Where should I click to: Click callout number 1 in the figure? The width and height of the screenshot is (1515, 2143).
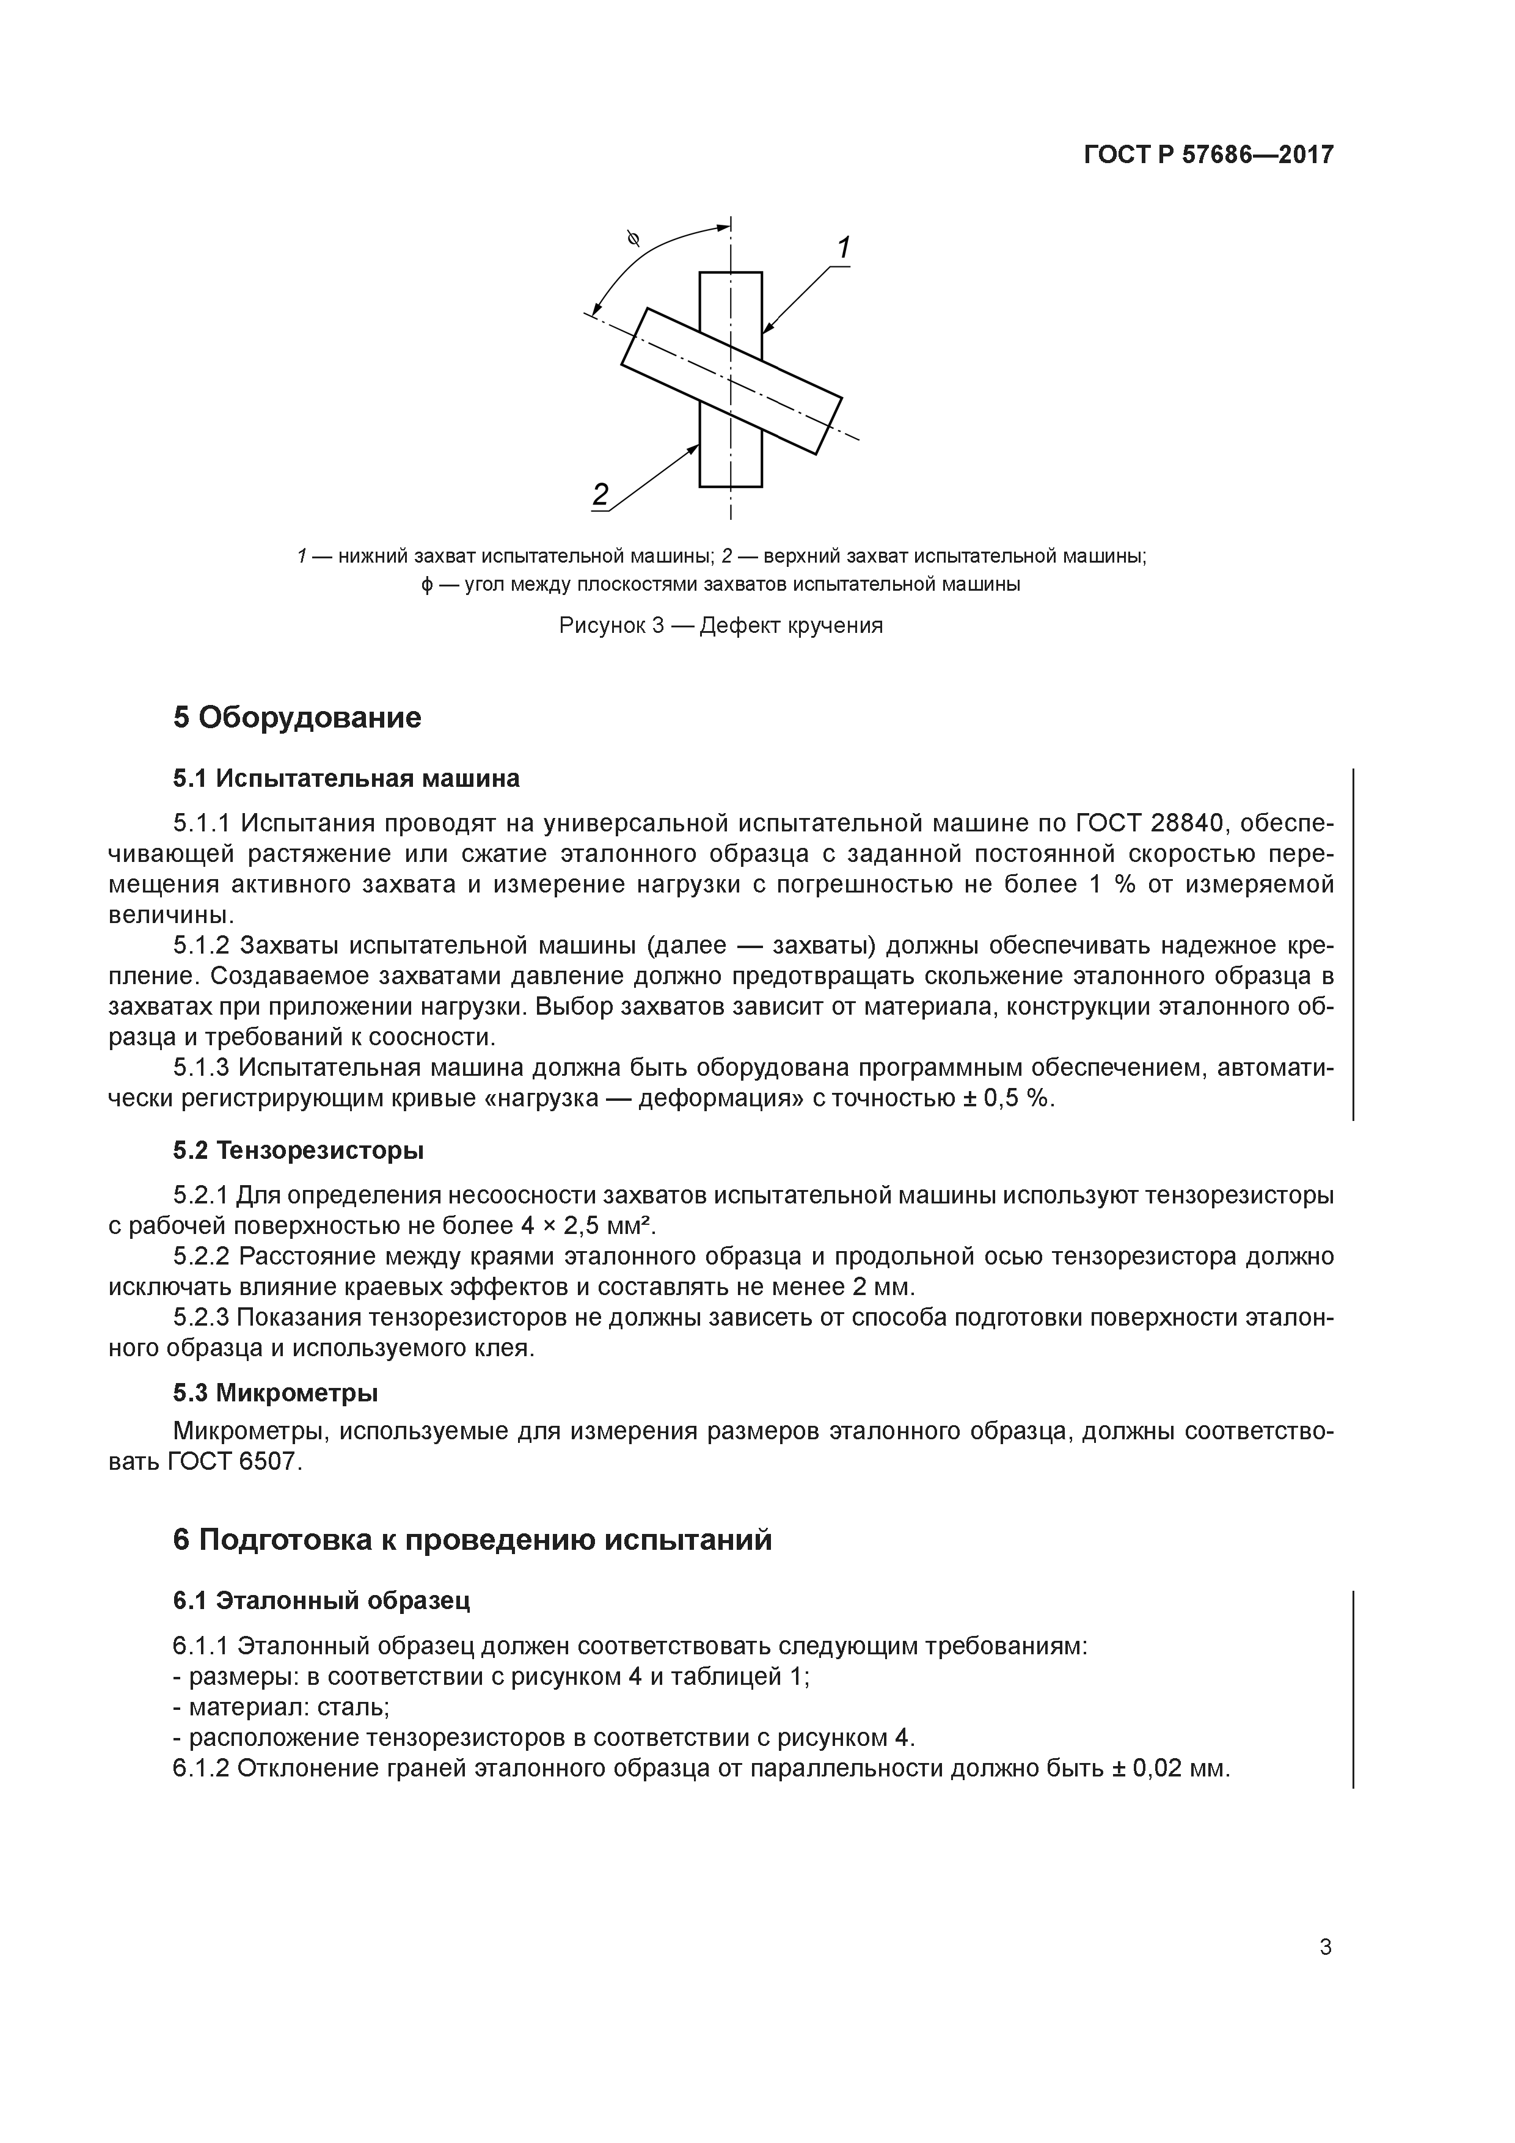point(843,249)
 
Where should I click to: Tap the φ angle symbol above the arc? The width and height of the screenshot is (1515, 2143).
point(634,240)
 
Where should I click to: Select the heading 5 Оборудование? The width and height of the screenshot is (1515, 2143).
point(297,718)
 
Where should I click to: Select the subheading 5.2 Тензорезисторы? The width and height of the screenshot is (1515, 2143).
point(298,1151)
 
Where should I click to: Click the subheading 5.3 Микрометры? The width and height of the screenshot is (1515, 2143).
point(276,1393)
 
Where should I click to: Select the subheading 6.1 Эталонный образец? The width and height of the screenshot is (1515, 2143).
point(321,1600)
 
